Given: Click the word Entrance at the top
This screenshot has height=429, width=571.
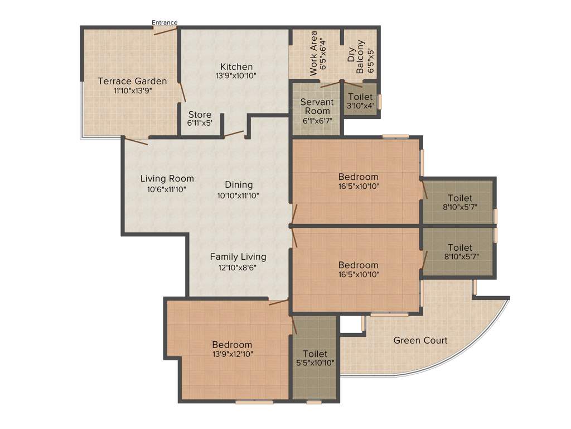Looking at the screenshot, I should [164, 23].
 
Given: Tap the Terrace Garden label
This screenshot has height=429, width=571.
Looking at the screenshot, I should [132, 81].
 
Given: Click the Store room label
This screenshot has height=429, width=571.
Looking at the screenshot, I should [199, 115].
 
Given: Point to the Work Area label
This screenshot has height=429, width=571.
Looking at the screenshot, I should [314, 53].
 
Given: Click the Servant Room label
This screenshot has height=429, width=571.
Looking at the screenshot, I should [317, 106].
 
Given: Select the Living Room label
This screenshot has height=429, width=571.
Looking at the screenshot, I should [167, 179].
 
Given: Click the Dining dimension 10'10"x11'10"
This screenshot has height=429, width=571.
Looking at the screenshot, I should [239, 196].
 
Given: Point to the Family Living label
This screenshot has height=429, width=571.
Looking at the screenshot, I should [238, 257].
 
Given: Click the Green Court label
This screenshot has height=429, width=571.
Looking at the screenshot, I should [420, 340].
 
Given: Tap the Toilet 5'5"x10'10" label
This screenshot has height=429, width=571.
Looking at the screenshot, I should [315, 354].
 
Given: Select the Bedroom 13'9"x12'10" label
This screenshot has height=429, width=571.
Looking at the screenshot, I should [232, 345].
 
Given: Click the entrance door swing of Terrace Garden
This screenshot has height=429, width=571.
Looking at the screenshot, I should [166, 31].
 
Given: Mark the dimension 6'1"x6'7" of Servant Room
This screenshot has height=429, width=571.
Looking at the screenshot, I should [317, 120].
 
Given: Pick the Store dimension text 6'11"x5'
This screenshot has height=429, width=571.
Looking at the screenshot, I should [200, 124].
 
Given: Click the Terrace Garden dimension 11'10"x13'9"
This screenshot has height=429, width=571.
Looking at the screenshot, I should [132, 90].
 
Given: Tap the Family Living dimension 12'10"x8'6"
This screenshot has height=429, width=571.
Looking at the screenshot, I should [238, 267].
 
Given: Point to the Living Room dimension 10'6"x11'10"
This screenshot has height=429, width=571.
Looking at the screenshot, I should [167, 189].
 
